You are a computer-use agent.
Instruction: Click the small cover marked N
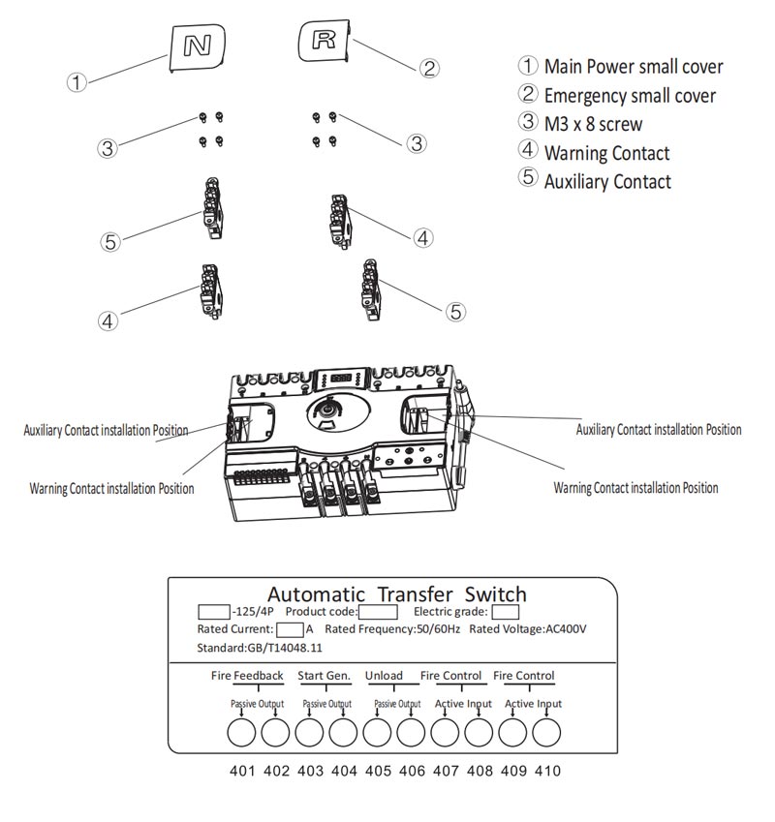[197, 46]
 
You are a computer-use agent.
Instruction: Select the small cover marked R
[324, 41]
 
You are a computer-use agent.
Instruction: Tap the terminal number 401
[242, 771]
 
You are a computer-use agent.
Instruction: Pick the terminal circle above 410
[546, 732]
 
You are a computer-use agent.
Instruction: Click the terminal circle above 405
[377, 732]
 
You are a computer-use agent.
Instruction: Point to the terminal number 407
[446, 771]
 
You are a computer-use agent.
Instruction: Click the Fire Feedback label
[247, 676]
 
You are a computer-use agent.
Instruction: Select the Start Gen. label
[325, 676]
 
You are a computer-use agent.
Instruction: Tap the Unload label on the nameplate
[384, 676]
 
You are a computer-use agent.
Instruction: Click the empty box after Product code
[378, 612]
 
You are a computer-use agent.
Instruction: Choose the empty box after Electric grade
[506, 612]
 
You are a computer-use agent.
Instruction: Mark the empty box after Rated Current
[290, 629]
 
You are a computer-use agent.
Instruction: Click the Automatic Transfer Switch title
[397, 594]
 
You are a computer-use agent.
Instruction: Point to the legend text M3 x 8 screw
[593, 124]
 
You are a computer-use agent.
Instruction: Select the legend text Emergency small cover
[630, 96]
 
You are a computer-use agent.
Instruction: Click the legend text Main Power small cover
[634, 67]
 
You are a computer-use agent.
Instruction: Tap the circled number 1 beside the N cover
[77, 82]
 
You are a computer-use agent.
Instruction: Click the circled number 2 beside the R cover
[429, 68]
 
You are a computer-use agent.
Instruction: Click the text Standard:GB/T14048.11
[260, 648]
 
